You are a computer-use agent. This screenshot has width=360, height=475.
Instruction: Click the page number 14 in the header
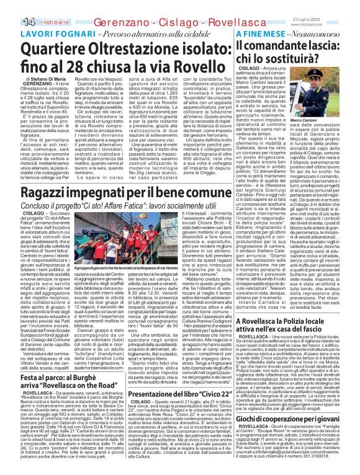11,6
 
